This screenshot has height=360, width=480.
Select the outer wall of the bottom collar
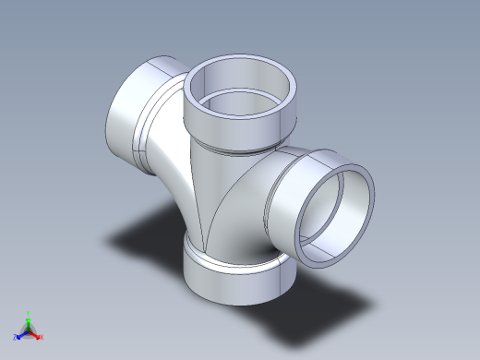click(x=235, y=282)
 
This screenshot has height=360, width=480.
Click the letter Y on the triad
click(x=29, y=313)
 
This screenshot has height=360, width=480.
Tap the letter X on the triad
click(x=42, y=338)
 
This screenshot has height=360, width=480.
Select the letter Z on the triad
click(x=15, y=338)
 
